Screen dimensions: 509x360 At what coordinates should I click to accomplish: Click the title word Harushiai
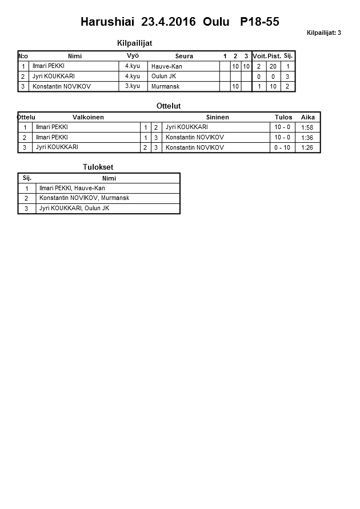click(107, 22)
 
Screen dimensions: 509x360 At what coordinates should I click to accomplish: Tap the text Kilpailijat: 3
click(323, 33)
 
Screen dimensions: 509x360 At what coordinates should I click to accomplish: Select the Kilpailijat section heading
click(134, 43)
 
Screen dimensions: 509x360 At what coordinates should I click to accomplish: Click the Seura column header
click(184, 56)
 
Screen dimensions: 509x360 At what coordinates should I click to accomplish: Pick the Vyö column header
click(133, 56)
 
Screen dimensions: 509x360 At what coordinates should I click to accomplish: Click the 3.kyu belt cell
click(133, 86)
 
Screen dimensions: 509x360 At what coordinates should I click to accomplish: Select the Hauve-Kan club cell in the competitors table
click(167, 66)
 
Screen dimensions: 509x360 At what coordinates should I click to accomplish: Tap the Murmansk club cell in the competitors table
click(166, 86)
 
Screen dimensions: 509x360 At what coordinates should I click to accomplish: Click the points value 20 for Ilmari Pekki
click(273, 66)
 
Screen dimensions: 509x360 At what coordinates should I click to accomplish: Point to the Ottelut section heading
click(168, 106)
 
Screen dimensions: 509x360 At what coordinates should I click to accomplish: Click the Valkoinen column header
click(88, 117)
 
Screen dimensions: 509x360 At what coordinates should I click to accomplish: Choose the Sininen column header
click(217, 117)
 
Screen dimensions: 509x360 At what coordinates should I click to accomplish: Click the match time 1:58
click(307, 127)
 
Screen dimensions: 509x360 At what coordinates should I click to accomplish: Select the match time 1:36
click(307, 138)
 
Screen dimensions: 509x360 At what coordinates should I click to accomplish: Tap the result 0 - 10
click(282, 148)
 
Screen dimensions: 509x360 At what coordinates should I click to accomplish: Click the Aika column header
click(307, 117)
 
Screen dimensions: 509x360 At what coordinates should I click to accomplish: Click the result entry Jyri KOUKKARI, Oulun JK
click(74, 209)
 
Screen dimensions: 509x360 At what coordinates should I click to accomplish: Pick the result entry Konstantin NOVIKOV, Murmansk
click(84, 198)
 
